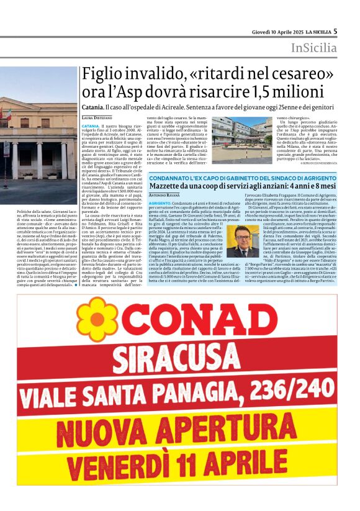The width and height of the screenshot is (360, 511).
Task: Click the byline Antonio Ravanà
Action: pyautogui.click(x=164, y=196)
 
